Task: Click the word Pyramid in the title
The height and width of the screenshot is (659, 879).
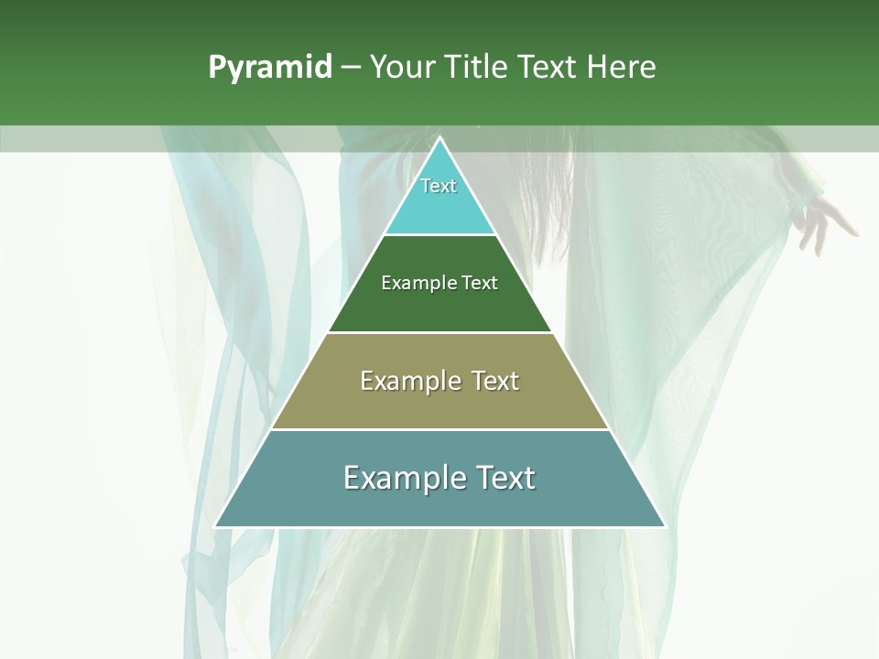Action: click(270, 68)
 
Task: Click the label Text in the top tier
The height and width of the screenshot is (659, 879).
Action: click(439, 186)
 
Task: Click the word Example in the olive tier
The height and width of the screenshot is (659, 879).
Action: click(408, 381)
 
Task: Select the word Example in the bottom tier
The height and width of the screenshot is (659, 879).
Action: click(404, 478)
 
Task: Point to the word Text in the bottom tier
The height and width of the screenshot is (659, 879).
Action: click(505, 478)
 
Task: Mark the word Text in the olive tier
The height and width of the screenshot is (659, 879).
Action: click(495, 381)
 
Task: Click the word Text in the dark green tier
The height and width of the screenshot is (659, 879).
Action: click(480, 284)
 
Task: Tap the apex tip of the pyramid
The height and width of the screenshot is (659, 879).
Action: click(439, 139)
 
